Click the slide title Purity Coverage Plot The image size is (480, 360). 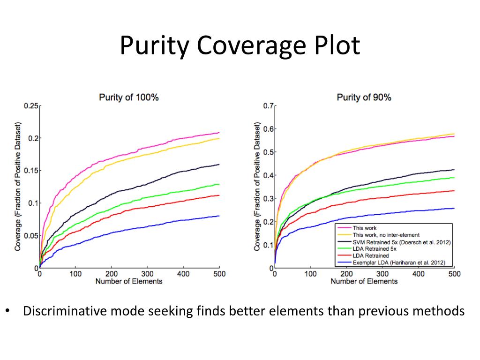(240, 46)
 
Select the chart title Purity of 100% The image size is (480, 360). (128, 97)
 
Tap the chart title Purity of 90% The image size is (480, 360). (364, 97)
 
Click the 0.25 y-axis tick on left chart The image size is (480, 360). (30, 105)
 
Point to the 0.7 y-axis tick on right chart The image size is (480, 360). (268, 105)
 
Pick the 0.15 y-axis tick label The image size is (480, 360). (30, 171)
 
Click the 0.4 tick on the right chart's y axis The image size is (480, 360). (268, 175)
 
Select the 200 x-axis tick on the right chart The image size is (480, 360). (346, 274)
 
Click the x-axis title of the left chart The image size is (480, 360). (128, 281)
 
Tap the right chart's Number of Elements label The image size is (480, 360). (364, 281)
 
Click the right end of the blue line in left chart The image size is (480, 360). (218, 216)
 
